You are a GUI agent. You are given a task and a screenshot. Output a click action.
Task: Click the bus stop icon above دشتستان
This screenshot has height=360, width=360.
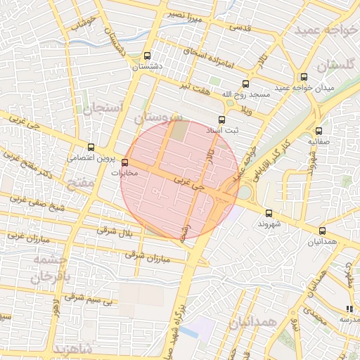(147, 56)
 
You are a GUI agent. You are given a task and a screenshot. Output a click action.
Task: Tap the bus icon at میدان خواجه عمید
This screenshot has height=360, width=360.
(304, 77)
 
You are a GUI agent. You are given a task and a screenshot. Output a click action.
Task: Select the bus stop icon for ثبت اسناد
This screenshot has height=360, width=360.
(222, 120)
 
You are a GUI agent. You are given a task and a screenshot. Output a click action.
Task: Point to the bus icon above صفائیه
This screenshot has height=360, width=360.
(319, 130)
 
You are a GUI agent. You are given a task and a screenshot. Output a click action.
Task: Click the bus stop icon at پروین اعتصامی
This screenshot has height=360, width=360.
(91, 148)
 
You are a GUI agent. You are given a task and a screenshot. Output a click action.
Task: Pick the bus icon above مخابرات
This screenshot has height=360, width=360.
(126, 162)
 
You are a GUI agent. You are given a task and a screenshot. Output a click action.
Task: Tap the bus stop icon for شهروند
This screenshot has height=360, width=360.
(269, 213)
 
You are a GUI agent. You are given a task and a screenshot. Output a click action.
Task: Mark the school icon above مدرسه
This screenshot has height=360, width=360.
(349, 309)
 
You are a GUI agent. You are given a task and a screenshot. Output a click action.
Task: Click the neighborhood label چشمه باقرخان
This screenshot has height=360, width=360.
(51, 267)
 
